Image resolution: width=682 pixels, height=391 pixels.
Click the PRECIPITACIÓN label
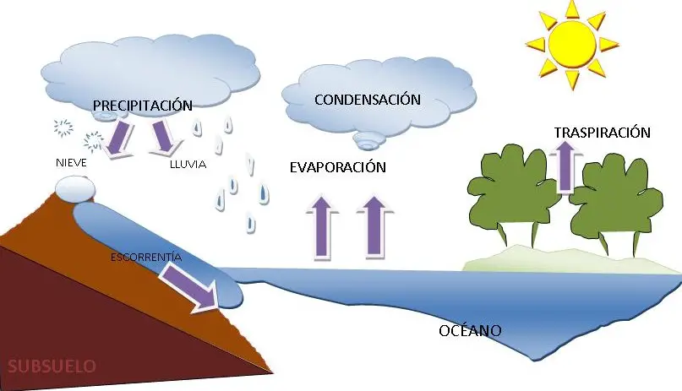pyautogui.click(x=143, y=106)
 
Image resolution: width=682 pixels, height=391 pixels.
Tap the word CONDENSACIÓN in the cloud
pyautogui.click(x=367, y=100)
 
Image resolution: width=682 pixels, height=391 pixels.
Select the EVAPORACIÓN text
pyautogui.click(x=337, y=167)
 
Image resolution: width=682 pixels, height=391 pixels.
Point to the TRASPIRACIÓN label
pyautogui.click(x=603, y=133)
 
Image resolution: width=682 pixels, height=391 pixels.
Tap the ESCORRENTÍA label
pyautogui.click(x=146, y=255)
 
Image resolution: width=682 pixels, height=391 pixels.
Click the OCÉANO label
pyautogui.click(x=471, y=330)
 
